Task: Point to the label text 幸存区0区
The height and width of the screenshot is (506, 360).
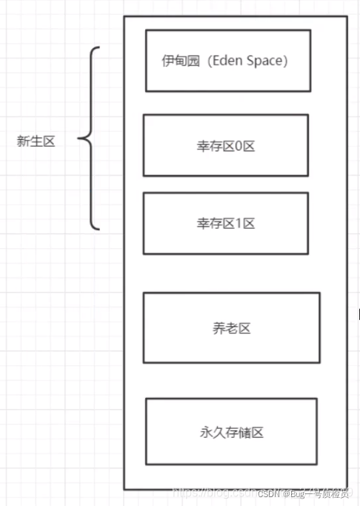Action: pyautogui.click(x=226, y=145)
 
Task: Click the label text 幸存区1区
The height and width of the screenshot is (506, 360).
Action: pyautogui.click(x=226, y=223)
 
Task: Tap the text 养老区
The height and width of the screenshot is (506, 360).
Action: pyautogui.click(x=231, y=327)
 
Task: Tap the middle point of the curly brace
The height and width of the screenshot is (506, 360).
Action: pyautogui.click(x=80, y=139)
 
